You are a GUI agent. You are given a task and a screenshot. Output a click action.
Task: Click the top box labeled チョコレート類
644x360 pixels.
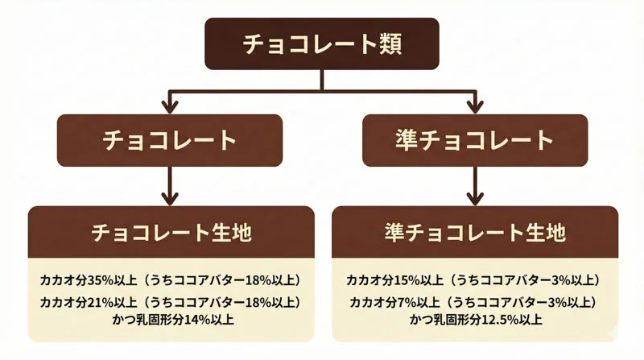[x=322, y=43]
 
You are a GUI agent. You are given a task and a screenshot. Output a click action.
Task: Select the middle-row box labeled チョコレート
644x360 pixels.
[x=169, y=140]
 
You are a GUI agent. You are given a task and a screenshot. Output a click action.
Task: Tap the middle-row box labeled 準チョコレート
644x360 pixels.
[x=475, y=140]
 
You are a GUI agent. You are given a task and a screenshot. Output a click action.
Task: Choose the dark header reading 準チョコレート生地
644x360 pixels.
[x=475, y=233]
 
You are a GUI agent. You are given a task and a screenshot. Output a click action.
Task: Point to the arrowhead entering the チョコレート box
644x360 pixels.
[x=169, y=106]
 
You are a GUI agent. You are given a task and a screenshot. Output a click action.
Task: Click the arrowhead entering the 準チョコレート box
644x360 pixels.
[x=475, y=106]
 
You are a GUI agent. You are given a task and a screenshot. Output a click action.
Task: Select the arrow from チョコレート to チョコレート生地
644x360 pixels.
[x=169, y=185]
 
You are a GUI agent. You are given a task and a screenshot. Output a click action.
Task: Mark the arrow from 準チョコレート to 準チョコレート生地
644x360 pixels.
[x=475, y=185]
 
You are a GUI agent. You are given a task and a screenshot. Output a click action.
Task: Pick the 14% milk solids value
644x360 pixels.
[x=193, y=319]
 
